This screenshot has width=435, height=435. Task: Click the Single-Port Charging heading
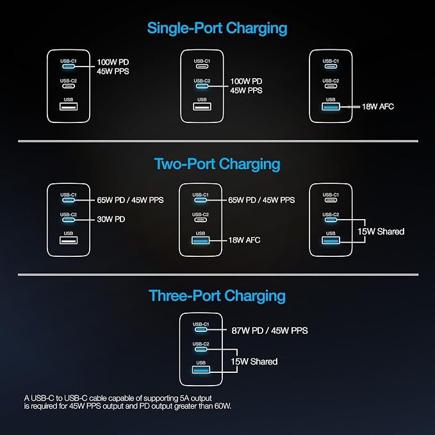pyautogui.click(x=217, y=29)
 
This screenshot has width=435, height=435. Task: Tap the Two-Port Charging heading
pyautogui.click(x=217, y=164)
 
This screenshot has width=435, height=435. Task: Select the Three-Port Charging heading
pyautogui.click(x=217, y=296)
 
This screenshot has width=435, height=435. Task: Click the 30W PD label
pyautogui.click(x=111, y=220)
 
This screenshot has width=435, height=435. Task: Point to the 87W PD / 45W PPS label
pyautogui.click(x=270, y=331)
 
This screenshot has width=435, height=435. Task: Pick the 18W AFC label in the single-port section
pyautogui.click(x=378, y=106)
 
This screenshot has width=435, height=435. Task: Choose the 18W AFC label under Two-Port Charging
pyautogui.click(x=245, y=240)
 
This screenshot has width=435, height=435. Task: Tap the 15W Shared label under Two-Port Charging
pyautogui.click(x=381, y=231)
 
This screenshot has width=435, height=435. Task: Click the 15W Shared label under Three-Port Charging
pyautogui.click(x=254, y=361)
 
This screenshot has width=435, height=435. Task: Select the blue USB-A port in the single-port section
pyautogui.click(x=331, y=106)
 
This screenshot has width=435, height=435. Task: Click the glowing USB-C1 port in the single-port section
pyautogui.click(x=69, y=66)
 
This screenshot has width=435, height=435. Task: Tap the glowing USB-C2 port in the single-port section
pyautogui.click(x=202, y=86)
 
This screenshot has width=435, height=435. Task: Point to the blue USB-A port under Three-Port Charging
pyautogui.click(x=201, y=370)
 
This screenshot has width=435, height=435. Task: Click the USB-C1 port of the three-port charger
pyautogui.click(x=201, y=329)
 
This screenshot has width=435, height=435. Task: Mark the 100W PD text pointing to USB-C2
pyautogui.click(x=246, y=81)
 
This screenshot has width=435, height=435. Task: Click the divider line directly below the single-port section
pyautogui.click(x=218, y=141)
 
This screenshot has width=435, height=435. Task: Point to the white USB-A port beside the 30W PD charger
pyautogui.click(x=69, y=240)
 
